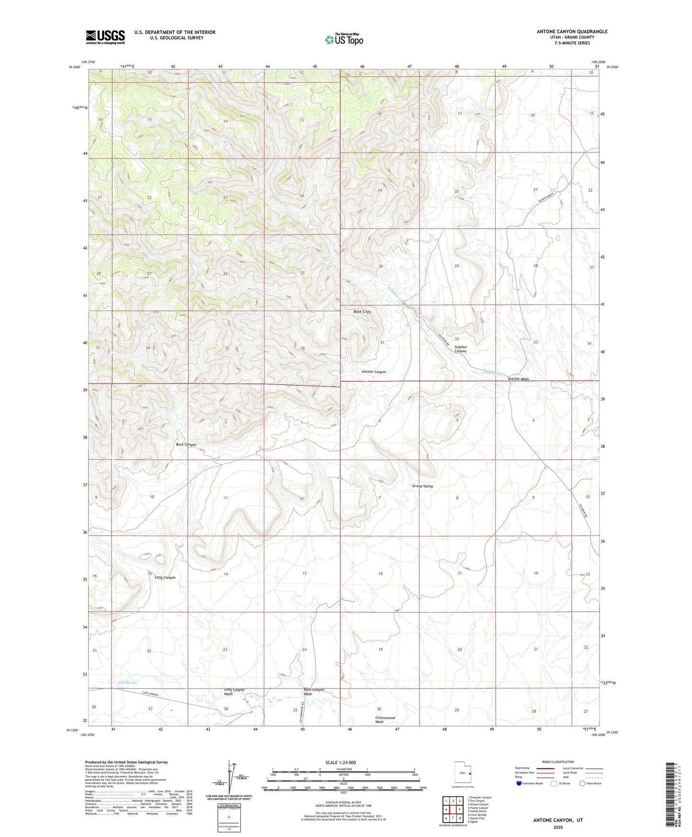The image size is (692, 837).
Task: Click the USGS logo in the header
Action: [105, 37]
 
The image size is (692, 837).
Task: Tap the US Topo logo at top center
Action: [344, 39]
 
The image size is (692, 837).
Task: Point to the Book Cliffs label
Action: [363, 312]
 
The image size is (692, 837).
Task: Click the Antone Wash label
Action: [518, 379]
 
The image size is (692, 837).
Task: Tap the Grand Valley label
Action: [422, 486]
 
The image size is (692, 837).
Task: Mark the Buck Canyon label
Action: [186, 444]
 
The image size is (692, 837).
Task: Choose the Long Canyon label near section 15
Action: [165, 577]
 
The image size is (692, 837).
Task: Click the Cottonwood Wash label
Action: [385, 720]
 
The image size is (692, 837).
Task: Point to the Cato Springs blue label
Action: [127, 682]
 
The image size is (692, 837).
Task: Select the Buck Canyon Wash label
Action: [314, 692]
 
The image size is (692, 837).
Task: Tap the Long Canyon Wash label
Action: [234, 692]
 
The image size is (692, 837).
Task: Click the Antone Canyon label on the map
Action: [374, 372]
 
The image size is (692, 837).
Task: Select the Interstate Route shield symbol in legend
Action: [519, 783]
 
